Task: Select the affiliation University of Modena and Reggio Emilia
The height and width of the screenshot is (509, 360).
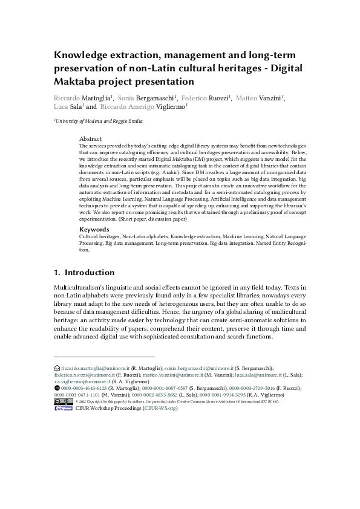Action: [x=99, y=122]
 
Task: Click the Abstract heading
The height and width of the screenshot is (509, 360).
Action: [x=91, y=139]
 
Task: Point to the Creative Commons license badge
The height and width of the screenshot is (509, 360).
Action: [x=63, y=401]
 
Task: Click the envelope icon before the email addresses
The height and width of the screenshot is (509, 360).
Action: [x=57, y=368]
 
